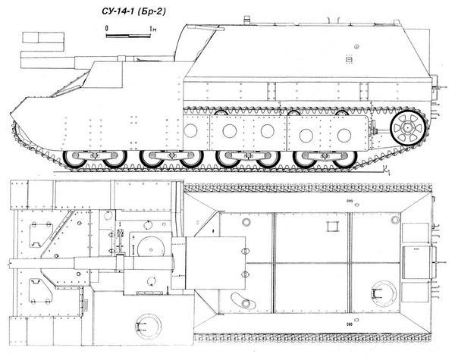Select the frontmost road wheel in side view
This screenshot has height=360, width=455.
(x=77, y=160)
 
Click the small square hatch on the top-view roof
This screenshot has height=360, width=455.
(x=331, y=226)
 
